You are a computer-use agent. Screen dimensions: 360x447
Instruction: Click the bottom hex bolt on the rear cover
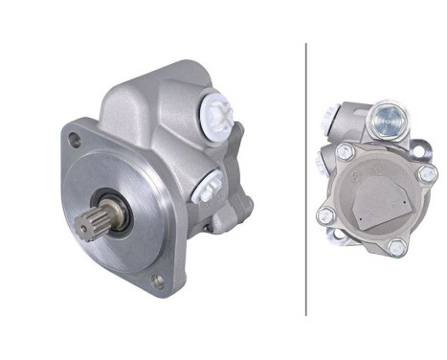pos(395,247)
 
